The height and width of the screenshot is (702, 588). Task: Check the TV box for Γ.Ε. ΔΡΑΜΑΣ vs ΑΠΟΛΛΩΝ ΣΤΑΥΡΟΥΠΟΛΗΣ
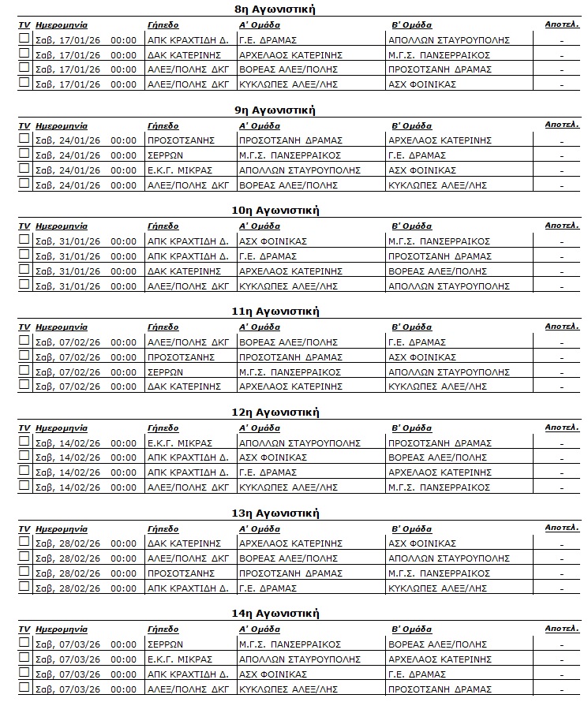(x=24, y=39)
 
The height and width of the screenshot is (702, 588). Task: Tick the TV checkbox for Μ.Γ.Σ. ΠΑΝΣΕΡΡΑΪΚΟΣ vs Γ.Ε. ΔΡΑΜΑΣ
(x=24, y=155)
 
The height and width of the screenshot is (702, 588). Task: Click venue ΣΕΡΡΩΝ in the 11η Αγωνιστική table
(x=165, y=372)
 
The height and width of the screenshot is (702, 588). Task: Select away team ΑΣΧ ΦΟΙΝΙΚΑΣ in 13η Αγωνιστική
(x=422, y=543)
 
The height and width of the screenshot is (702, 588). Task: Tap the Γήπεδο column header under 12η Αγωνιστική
(x=163, y=428)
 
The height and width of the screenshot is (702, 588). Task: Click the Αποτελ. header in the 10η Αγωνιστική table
(x=561, y=226)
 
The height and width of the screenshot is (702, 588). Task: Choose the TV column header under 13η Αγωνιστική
(x=24, y=528)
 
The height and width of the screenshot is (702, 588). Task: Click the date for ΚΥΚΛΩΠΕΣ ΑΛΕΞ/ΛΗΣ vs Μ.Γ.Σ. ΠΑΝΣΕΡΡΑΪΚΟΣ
(x=68, y=487)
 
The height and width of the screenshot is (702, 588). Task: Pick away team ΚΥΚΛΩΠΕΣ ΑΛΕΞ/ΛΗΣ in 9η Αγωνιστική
(x=437, y=185)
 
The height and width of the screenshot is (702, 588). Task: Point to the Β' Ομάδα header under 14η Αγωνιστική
(x=411, y=629)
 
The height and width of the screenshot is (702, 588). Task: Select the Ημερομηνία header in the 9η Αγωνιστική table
(x=62, y=126)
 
